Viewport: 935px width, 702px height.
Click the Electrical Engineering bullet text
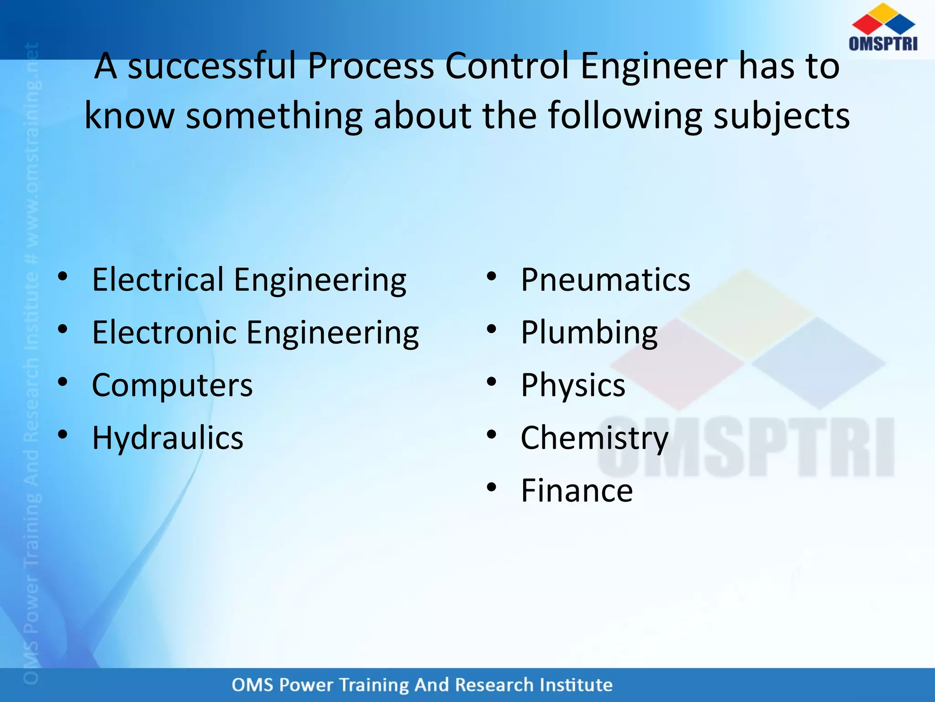[249, 280]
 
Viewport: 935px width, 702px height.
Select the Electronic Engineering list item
[255, 333]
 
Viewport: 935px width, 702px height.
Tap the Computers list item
[172, 385]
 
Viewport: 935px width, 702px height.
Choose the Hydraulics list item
[168, 438]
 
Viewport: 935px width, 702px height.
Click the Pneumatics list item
[605, 280]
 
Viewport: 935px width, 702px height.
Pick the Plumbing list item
[589, 333]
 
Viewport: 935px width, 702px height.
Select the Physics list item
[573, 385]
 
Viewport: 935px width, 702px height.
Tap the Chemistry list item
[594, 438]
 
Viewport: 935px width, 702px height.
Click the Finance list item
[577, 490]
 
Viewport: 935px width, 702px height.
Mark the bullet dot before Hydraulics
[63, 435]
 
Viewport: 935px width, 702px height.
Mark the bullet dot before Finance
[491, 487]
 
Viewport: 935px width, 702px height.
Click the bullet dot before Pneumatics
[491, 277]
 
